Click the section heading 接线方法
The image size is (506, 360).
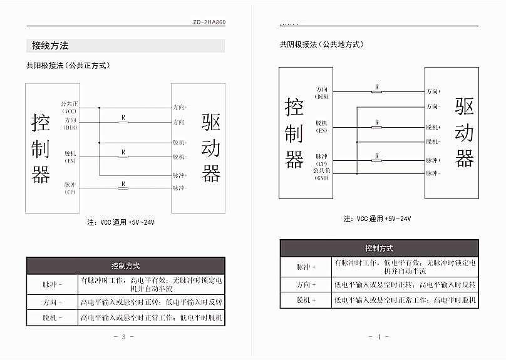(x=50, y=46)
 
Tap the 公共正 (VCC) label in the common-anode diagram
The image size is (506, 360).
(x=69, y=106)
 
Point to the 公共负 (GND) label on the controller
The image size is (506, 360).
(x=323, y=173)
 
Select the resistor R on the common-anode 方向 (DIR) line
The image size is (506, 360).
(x=123, y=121)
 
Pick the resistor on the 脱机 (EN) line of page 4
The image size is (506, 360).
(x=376, y=127)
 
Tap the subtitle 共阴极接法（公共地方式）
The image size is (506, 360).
(x=321, y=44)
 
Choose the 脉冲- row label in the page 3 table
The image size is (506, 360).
(x=52, y=284)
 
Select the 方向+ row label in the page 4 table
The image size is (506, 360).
(x=306, y=284)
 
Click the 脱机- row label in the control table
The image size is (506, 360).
(x=52, y=318)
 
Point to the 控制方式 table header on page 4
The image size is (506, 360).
(x=379, y=248)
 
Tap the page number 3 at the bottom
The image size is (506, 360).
(x=124, y=337)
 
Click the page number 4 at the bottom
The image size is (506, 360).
(x=378, y=337)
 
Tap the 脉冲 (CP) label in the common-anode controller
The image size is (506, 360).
(x=70, y=188)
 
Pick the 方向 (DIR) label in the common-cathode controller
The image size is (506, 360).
(x=322, y=93)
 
